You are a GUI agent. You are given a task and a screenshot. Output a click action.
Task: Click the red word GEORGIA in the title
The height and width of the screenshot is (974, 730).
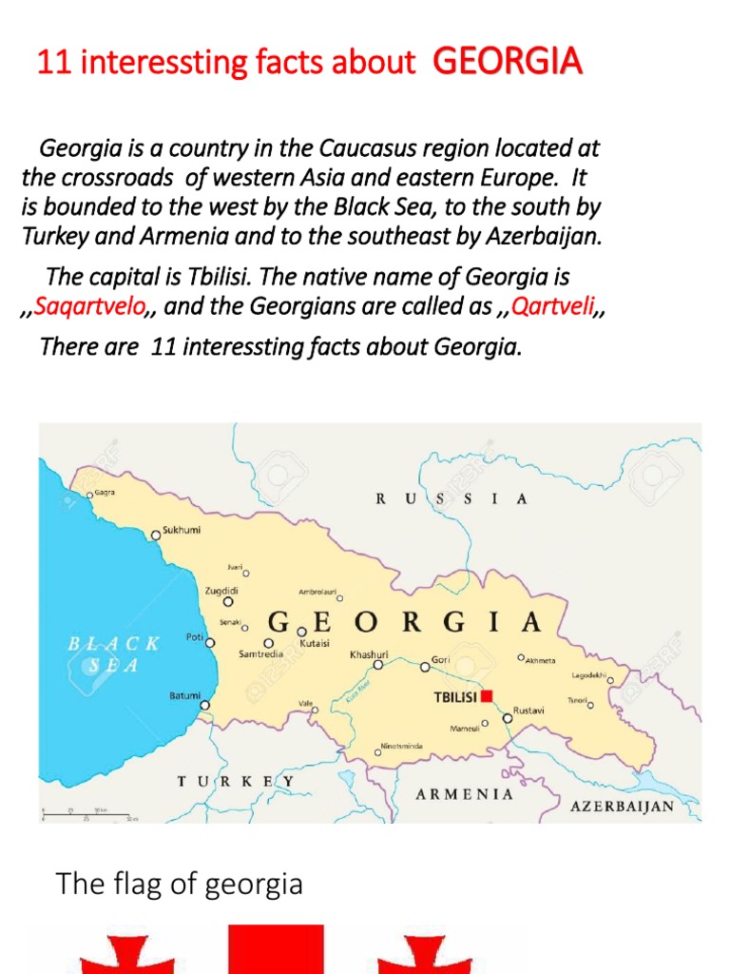point(507,63)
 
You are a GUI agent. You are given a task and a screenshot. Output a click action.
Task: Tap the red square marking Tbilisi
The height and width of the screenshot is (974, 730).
point(487,696)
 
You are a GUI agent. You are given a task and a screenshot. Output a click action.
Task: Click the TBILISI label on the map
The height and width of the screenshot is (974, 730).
point(455,697)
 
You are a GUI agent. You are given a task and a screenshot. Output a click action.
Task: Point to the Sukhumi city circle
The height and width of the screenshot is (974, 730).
point(156,536)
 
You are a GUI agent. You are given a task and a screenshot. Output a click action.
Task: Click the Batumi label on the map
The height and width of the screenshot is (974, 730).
point(184,695)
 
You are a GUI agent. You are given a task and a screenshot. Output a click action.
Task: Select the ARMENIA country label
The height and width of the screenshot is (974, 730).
point(464,793)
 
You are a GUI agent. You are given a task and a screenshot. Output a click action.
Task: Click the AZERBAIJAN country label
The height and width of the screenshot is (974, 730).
point(622,807)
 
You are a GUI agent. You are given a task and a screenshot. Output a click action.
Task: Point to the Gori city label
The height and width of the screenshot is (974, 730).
point(440,658)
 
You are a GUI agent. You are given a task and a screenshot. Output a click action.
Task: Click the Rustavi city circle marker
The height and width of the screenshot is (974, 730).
point(508,719)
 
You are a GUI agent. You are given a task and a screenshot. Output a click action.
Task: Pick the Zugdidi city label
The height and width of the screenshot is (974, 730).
point(221,591)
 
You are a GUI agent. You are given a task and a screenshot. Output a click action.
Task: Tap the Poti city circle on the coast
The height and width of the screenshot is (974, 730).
point(210,643)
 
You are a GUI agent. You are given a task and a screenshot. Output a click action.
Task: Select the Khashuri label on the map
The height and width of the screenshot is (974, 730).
point(369,654)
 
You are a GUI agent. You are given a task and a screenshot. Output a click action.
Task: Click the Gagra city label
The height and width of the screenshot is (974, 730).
point(105,494)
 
